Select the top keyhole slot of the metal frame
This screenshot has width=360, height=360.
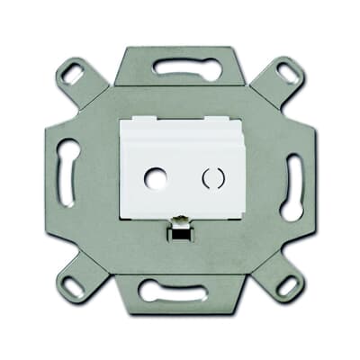(180, 67)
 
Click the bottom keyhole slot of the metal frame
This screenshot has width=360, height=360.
(180, 291)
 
